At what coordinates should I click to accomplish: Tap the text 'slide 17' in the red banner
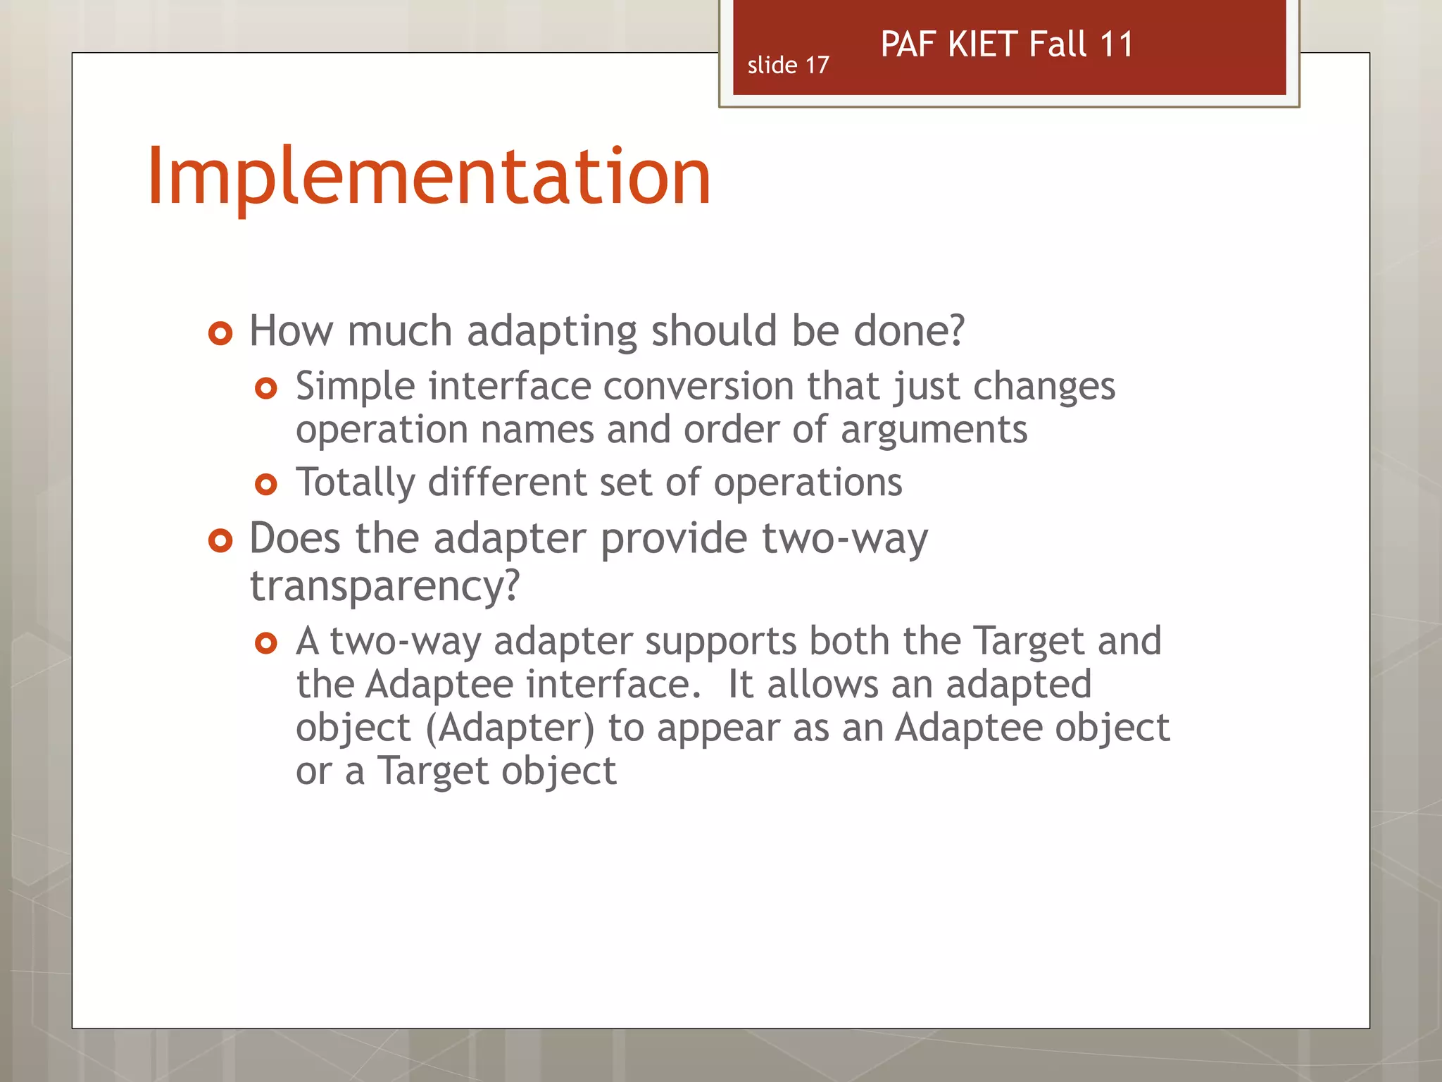788,66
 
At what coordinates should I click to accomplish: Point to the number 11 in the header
1116,44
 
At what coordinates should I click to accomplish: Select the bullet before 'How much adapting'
220,333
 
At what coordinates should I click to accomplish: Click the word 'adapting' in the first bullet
552,332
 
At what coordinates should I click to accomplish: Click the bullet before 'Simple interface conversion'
266,388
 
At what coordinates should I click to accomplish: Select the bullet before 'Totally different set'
266,485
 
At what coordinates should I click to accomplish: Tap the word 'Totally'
356,483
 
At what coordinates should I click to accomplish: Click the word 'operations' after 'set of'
808,483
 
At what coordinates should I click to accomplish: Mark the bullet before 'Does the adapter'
220,541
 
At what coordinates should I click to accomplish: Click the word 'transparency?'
384,585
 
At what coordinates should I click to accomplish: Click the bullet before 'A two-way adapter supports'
266,643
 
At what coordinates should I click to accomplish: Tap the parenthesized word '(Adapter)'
510,728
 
